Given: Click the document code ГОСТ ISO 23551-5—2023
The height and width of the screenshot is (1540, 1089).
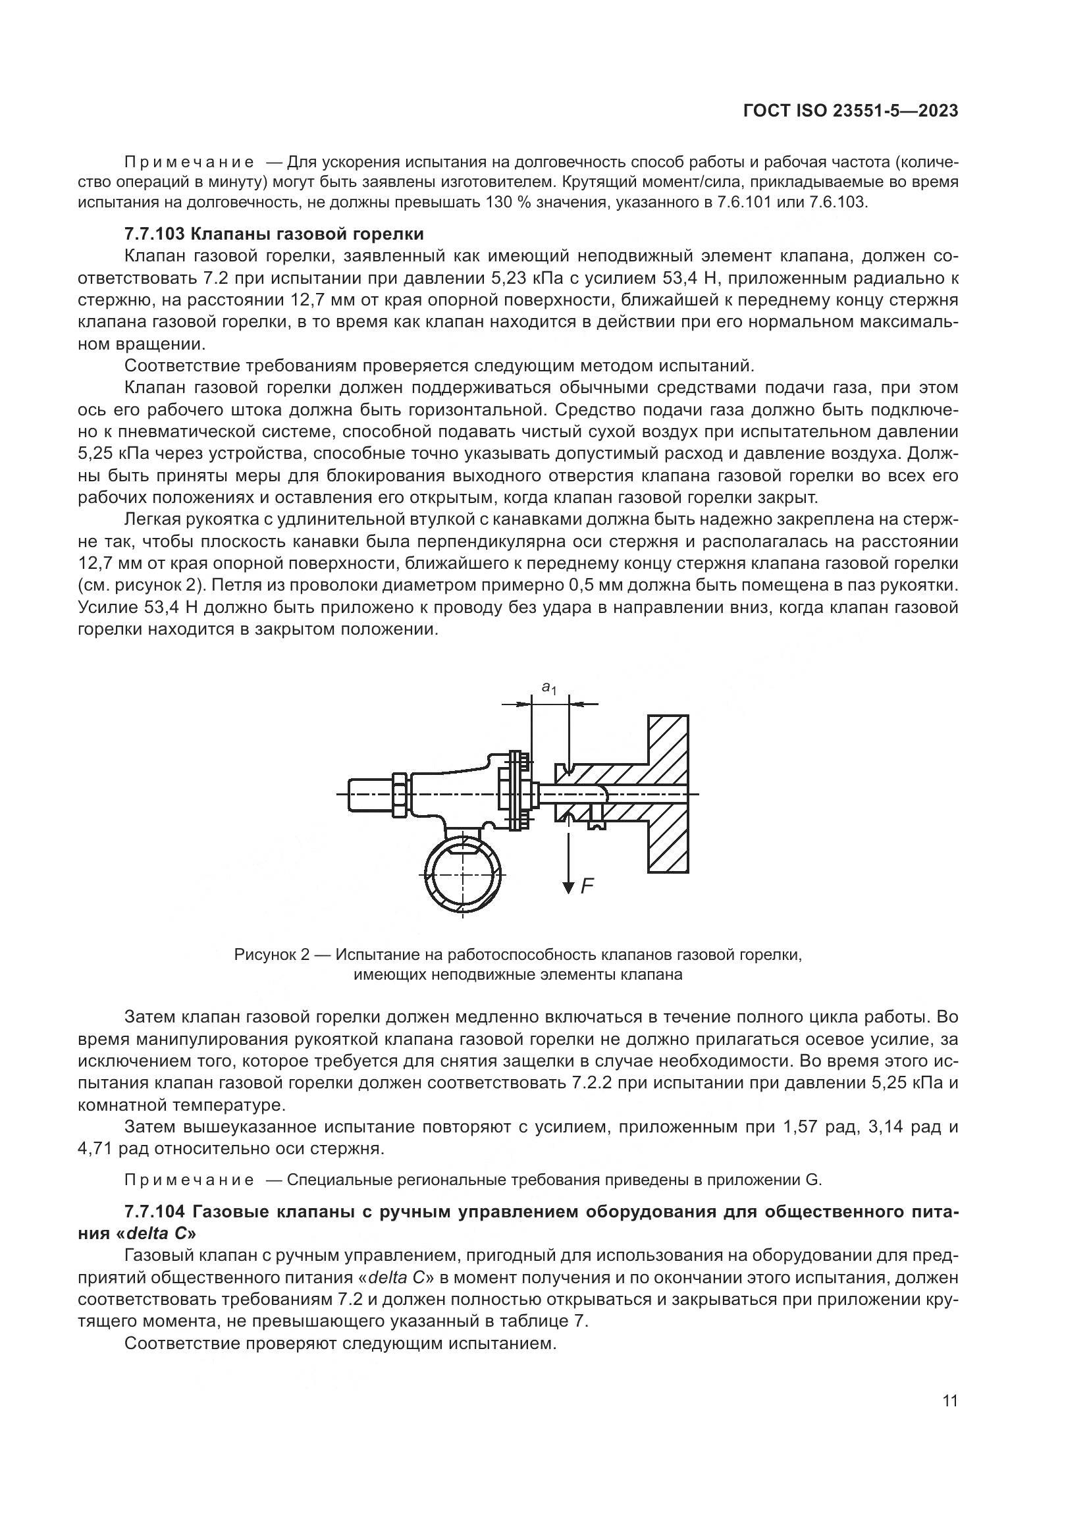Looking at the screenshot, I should (850, 111).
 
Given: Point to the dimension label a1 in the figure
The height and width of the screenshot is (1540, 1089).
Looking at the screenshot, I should (549, 687).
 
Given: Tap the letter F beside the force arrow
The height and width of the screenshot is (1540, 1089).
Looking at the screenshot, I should (587, 887).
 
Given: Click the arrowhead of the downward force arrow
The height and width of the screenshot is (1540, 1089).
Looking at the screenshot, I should (569, 888).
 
